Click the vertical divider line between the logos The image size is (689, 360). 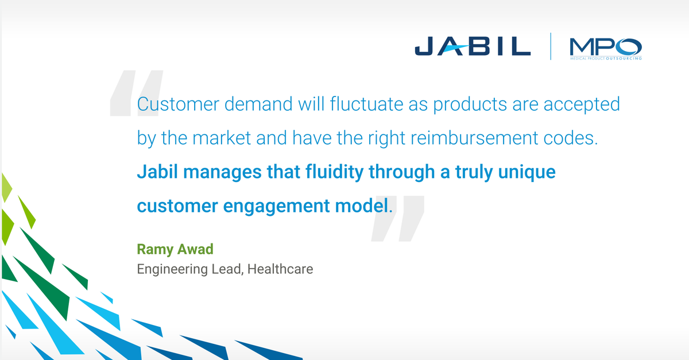tap(551, 47)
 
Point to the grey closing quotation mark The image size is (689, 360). tap(398, 218)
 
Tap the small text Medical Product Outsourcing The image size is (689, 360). tap(605, 59)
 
